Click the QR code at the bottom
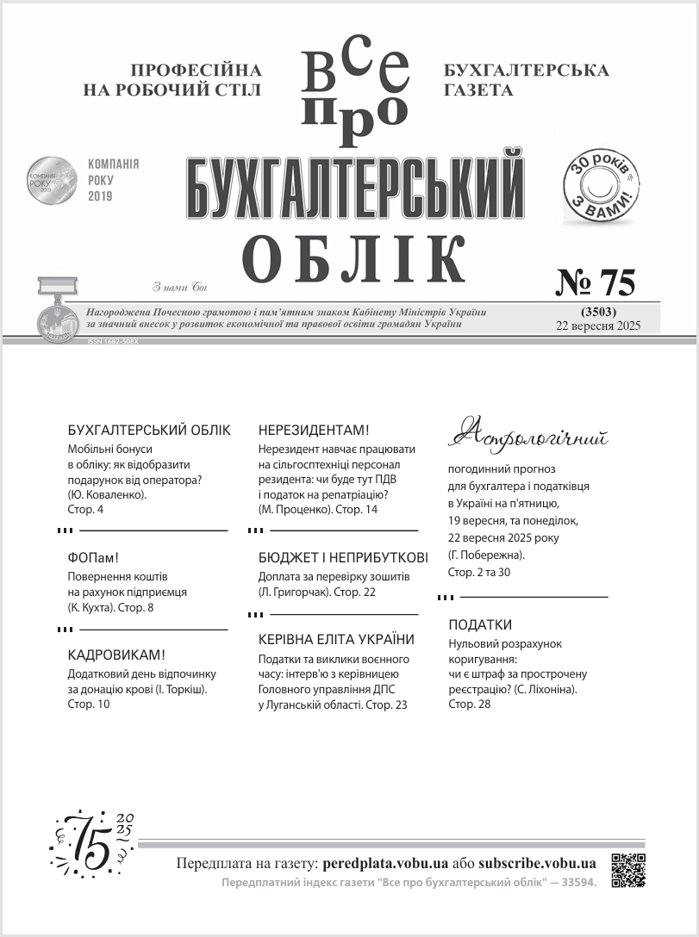pyautogui.click(x=628, y=870)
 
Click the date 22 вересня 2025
pyautogui.click(x=599, y=325)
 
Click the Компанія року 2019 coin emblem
pyautogui.click(x=52, y=180)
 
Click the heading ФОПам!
pyautogui.click(x=92, y=555)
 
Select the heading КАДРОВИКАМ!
pyautogui.click(x=116, y=655)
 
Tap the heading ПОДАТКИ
pyautogui.click(x=481, y=624)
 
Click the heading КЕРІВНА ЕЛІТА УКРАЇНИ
pyautogui.click(x=337, y=639)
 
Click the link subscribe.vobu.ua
pyautogui.click(x=537, y=863)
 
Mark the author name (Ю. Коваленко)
pyautogui.click(x=107, y=494)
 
